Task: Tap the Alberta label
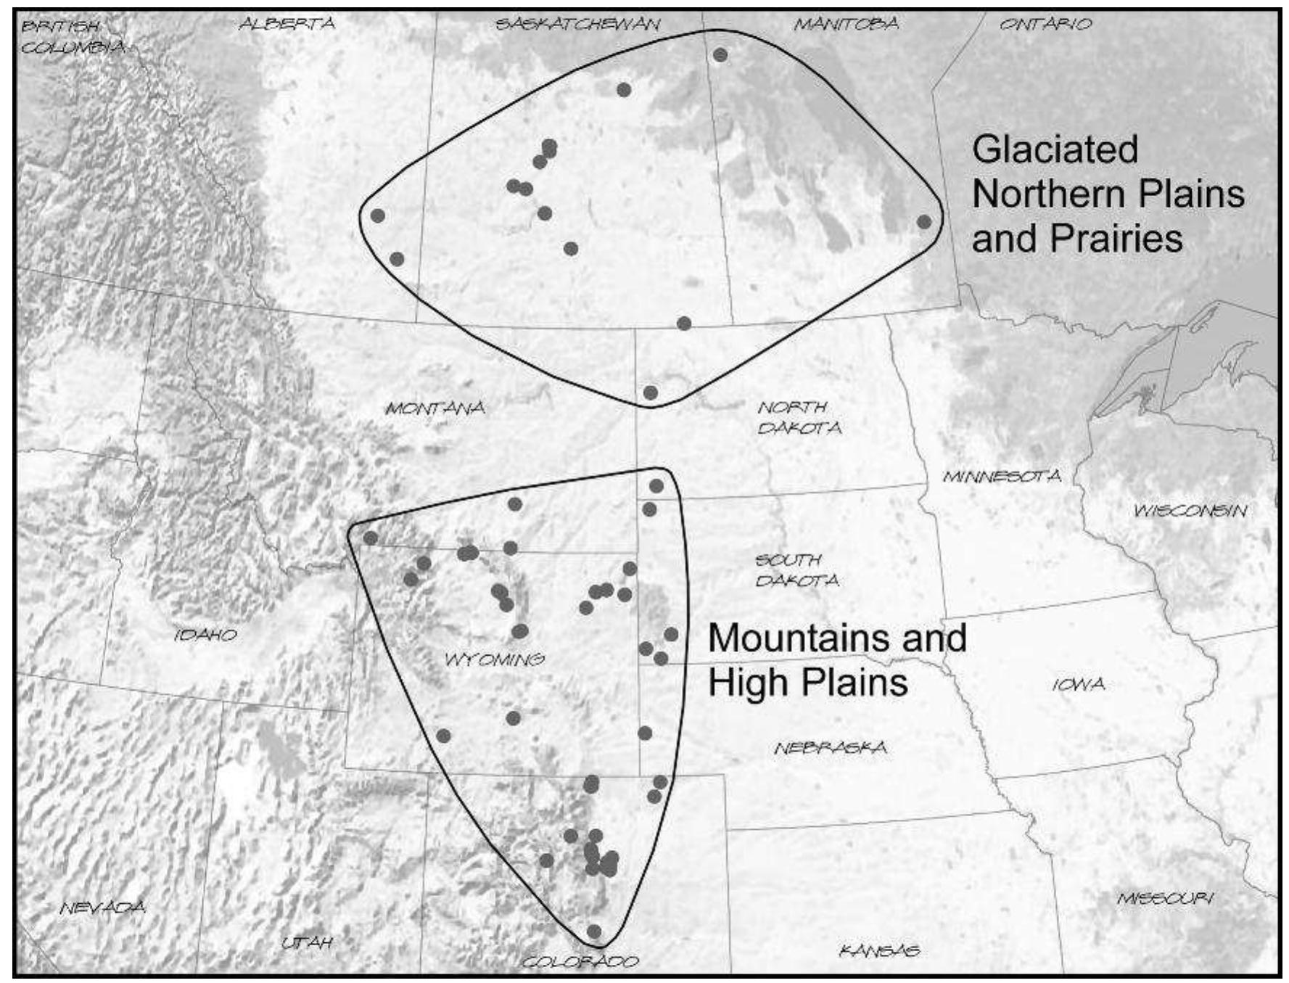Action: coord(287,24)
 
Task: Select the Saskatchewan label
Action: coord(577,24)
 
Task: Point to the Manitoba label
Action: coord(846,24)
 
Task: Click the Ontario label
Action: coord(1045,24)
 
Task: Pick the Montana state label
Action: coord(435,408)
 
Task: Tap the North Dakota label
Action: coord(799,417)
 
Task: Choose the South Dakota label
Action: coord(796,570)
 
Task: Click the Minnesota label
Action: coord(1002,477)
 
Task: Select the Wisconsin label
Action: coord(1190,511)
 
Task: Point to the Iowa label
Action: coord(1079,684)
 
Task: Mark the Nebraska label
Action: coord(830,747)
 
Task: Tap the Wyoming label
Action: coord(495,659)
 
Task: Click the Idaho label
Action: coord(206,635)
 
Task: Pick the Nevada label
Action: coord(102,907)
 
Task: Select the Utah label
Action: coord(307,942)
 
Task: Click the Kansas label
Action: coord(879,950)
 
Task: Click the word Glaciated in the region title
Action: coord(1055,149)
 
